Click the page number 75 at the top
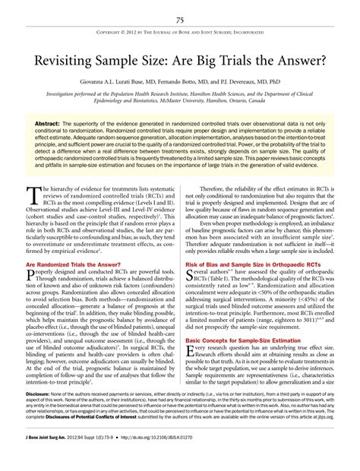[x=180, y=20]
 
